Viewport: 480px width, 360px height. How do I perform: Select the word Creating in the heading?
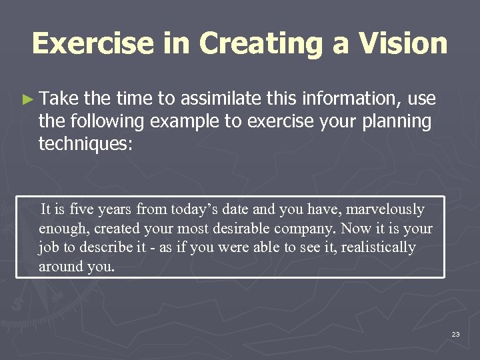pyautogui.click(x=273, y=43)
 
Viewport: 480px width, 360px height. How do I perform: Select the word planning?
pyautogui.click(x=396, y=121)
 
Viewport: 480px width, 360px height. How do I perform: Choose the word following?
pyautogui.click(x=104, y=121)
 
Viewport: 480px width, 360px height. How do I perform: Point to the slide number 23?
pyautogui.click(x=455, y=333)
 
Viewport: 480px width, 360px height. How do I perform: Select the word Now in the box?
pyautogui.click(x=355, y=229)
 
